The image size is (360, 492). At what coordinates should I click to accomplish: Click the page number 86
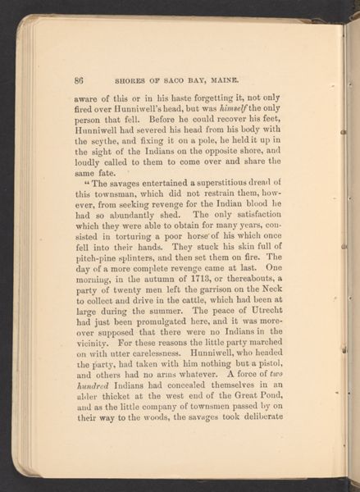click(x=80, y=80)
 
